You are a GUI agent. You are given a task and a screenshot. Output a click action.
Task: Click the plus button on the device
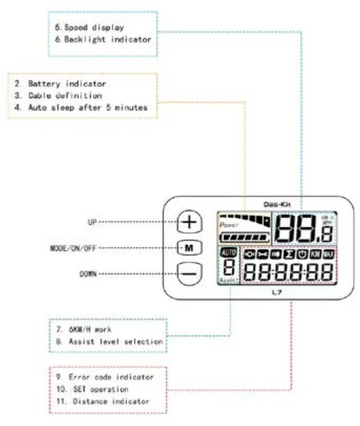190,222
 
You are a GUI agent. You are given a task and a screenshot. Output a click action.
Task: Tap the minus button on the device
190,274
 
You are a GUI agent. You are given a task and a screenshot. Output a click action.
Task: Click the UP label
90,222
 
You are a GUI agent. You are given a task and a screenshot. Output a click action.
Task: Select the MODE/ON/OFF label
66,247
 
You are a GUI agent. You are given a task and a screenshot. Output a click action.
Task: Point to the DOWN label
88,274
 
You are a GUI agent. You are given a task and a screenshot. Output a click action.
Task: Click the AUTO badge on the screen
229,253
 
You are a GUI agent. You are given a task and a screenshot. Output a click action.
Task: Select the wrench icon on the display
262,255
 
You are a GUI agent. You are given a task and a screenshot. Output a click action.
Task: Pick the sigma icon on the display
289,255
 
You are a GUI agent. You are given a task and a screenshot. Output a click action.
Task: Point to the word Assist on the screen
228,281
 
